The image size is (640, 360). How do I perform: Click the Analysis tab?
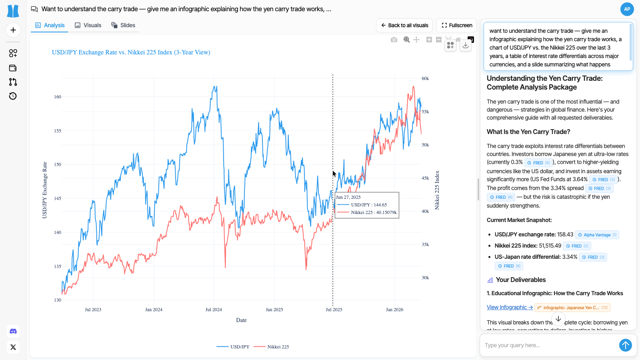(x=50, y=25)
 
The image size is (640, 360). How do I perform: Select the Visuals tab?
(x=88, y=25)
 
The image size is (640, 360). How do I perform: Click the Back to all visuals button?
(x=404, y=25)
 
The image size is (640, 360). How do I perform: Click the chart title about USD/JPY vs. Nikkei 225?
(x=131, y=52)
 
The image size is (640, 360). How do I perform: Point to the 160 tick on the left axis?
(x=58, y=97)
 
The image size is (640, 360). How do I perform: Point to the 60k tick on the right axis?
(x=425, y=78)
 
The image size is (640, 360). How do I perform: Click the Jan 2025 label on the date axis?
(x=274, y=310)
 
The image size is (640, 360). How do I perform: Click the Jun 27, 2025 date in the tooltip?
(x=348, y=197)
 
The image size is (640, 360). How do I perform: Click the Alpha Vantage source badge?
(x=597, y=235)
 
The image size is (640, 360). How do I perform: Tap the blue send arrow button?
(x=625, y=345)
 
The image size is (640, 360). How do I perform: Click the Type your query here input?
(x=548, y=345)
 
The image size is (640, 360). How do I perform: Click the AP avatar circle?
(x=627, y=9)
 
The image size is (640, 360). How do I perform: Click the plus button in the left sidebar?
(x=13, y=30)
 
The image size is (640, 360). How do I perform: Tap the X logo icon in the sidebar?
(x=13, y=347)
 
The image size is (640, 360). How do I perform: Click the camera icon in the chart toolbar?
(x=394, y=40)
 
